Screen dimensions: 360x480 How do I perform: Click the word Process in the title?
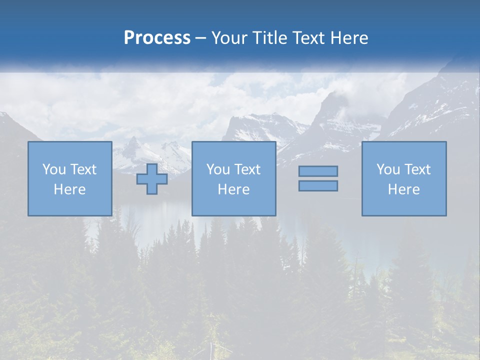[x=157, y=38]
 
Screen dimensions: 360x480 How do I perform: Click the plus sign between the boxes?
[x=152, y=179]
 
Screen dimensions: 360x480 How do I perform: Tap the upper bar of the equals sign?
[x=318, y=171]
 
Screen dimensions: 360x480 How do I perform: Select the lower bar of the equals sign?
[x=318, y=185]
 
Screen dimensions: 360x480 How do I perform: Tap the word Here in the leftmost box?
[x=69, y=189]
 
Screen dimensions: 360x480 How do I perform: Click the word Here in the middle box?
[x=233, y=189]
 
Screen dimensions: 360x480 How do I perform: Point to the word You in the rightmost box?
[x=388, y=169]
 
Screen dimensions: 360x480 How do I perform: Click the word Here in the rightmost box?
[x=403, y=189]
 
